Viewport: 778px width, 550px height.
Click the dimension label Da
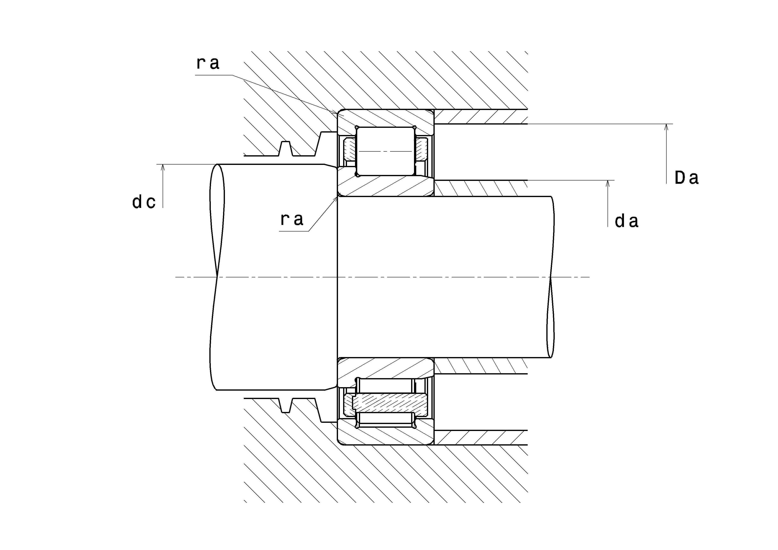click(686, 178)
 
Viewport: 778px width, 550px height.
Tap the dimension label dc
click(144, 202)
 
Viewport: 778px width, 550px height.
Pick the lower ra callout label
click(292, 219)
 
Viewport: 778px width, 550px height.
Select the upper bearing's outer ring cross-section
click(385, 118)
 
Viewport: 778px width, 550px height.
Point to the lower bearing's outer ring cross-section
click(385, 436)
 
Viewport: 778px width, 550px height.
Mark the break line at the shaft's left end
click(217, 277)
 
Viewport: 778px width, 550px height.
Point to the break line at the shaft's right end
click(551, 277)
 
